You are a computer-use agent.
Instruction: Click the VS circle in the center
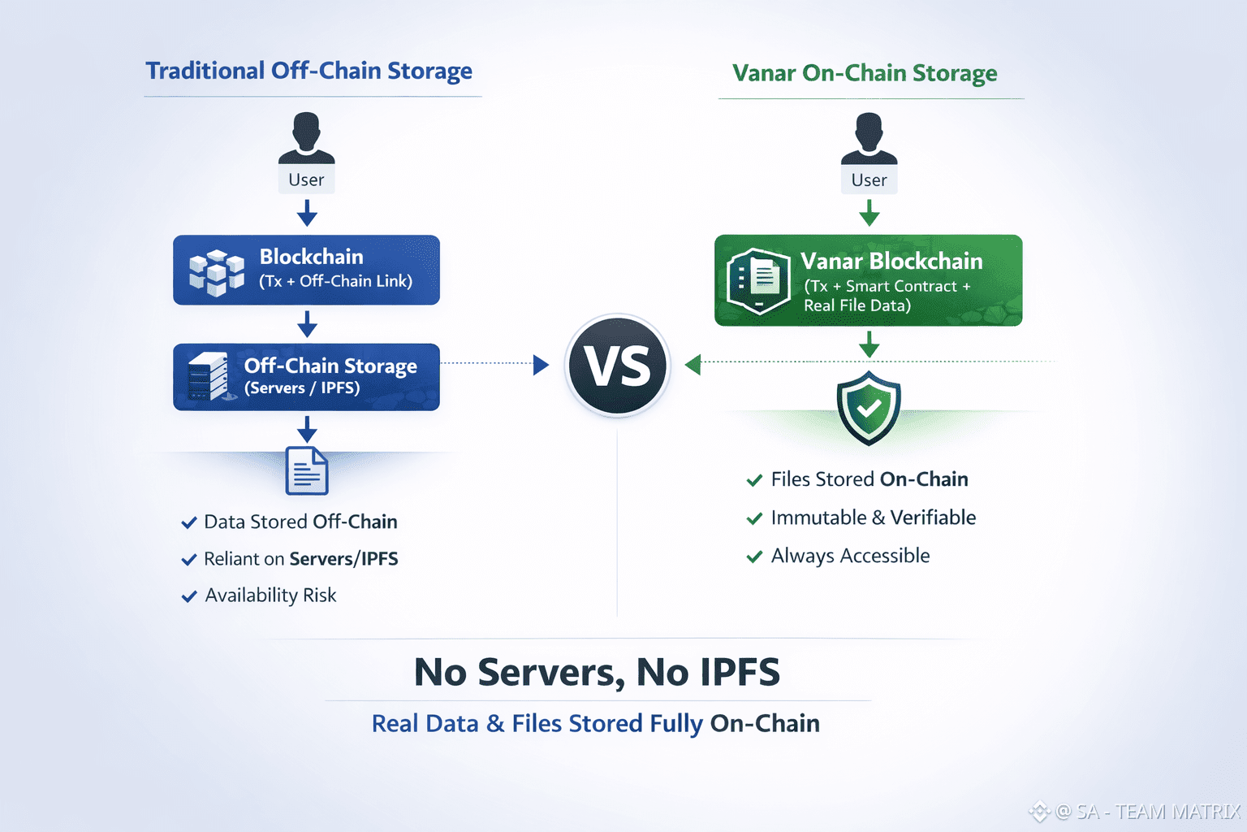point(618,365)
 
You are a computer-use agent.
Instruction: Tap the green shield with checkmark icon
point(869,407)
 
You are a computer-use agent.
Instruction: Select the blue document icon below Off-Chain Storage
point(307,470)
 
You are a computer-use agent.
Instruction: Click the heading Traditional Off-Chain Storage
point(309,71)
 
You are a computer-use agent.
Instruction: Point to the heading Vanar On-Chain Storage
point(865,73)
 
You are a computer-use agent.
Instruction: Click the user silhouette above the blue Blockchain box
point(306,138)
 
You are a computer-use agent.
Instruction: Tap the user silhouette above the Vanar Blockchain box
point(869,138)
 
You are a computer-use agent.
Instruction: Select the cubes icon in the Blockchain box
point(216,271)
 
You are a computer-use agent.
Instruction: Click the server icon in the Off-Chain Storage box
point(208,376)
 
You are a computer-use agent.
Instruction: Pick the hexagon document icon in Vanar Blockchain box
point(758,281)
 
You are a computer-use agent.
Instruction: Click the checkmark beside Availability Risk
point(189,596)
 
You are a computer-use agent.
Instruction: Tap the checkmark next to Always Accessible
point(754,557)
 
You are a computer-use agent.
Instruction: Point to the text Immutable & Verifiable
point(873,518)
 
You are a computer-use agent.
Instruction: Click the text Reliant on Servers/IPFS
point(300,559)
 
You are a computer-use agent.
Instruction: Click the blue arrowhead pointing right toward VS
point(541,365)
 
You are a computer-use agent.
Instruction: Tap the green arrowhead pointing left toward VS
point(693,365)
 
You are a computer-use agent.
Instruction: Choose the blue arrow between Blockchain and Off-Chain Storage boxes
point(307,323)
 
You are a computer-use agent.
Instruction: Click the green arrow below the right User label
point(869,213)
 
